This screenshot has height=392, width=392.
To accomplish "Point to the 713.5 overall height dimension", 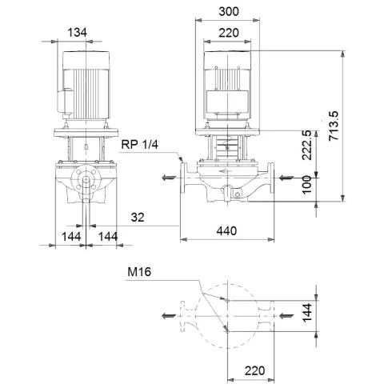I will [x=335, y=127].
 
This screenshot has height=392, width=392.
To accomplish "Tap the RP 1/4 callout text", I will [x=142, y=145].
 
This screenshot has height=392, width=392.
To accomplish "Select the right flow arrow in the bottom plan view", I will [x=289, y=314].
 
